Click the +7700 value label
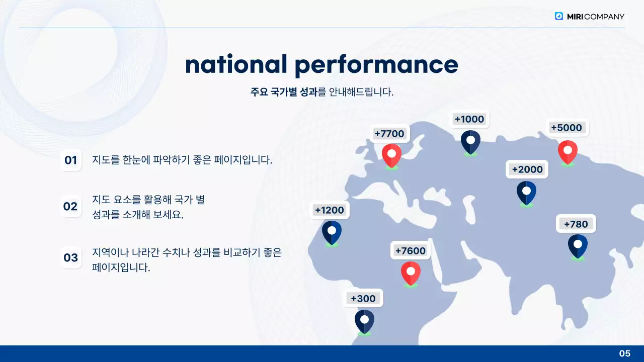[389, 134]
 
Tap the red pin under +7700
[391, 155]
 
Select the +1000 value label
[469, 119]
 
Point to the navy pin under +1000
[470, 141]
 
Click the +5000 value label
[567, 128]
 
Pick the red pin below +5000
[568, 151]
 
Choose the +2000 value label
[527, 169]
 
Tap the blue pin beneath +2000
[526, 192]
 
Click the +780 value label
[576, 224]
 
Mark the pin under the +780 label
[578, 246]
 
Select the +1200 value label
[329, 210]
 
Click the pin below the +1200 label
[332, 232]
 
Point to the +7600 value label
[410, 250]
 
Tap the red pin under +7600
[411, 273]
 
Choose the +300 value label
[363, 299]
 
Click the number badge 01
[70, 160]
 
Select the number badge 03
[70, 258]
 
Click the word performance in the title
[376, 64]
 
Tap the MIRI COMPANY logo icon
[559, 16]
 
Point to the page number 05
[624, 353]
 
